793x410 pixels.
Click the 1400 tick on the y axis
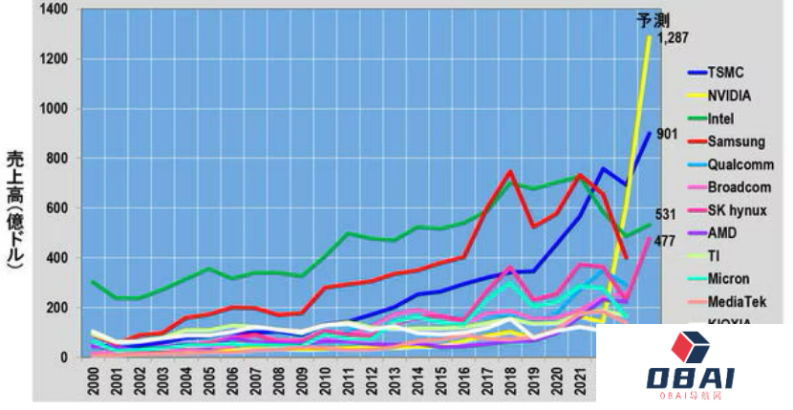53,10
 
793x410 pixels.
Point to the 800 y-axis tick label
56,159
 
